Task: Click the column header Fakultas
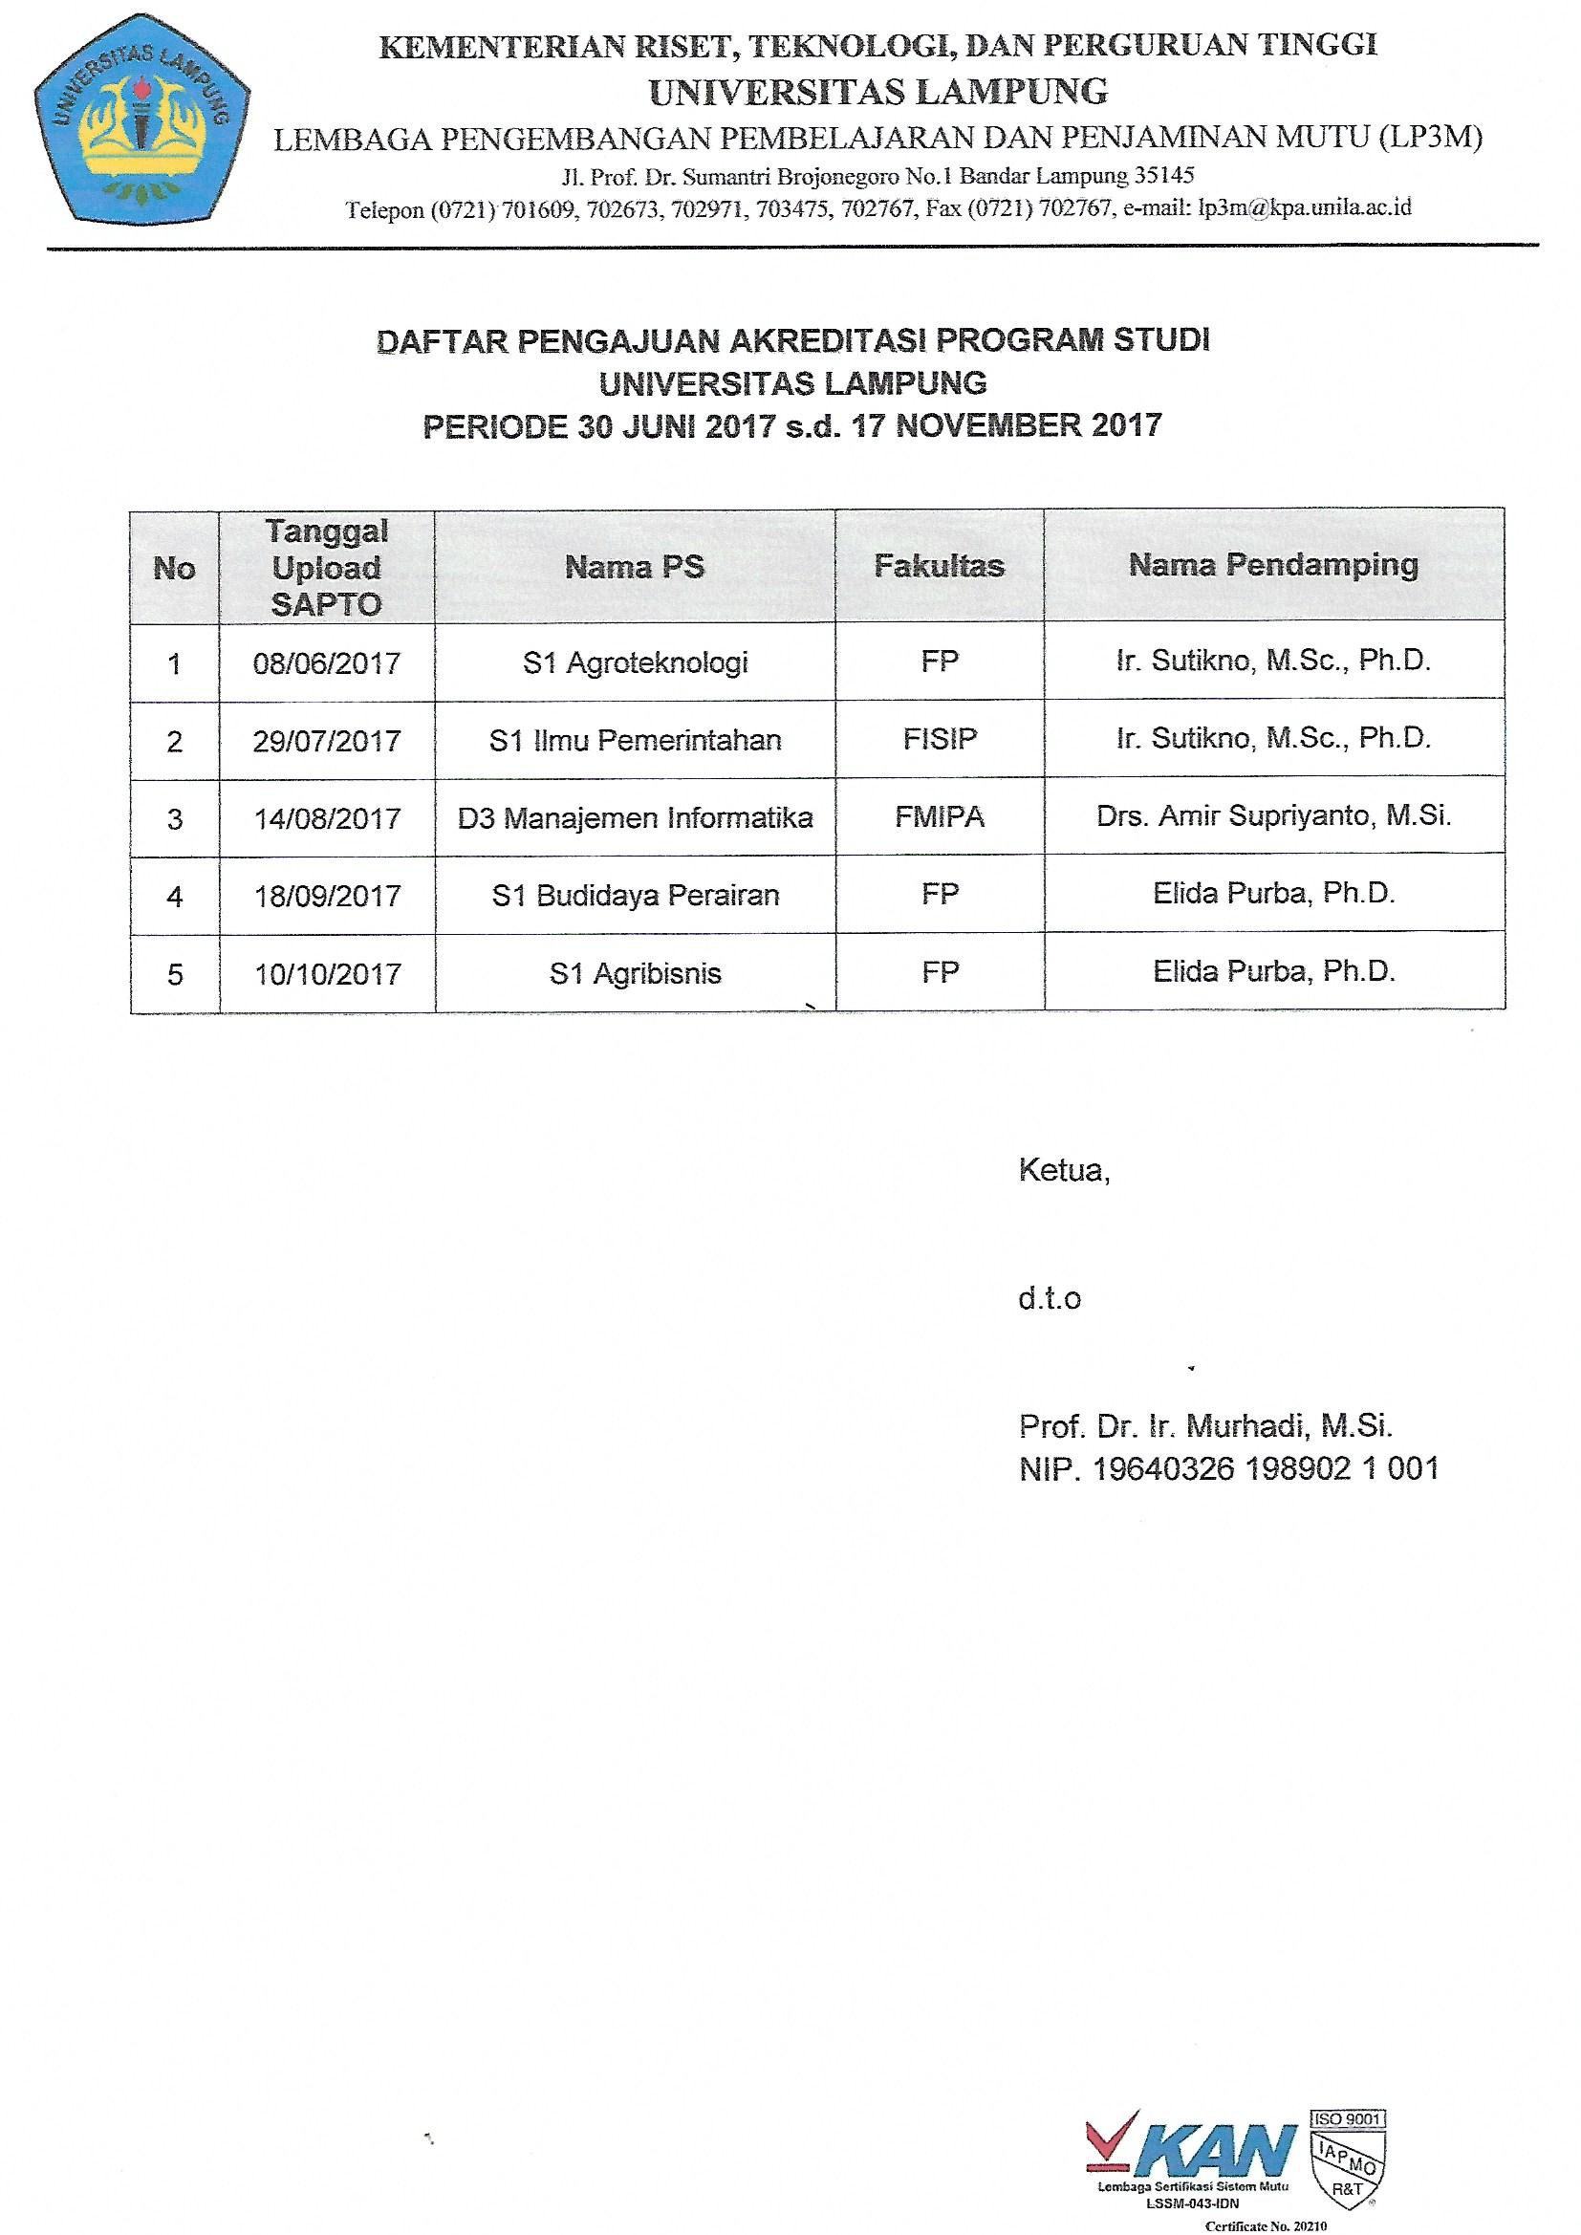pyautogui.click(x=939, y=566)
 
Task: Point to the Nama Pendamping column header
pyautogui.click(x=1273, y=565)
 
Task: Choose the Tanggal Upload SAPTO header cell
pyautogui.click(x=326, y=568)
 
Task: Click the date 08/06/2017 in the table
pyautogui.click(x=326, y=663)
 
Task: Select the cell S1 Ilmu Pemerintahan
pyautogui.click(x=635, y=741)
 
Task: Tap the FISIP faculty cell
pyautogui.click(x=940, y=739)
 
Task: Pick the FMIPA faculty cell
pyautogui.click(x=940, y=816)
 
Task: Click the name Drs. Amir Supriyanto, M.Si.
pyautogui.click(x=1273, y=815)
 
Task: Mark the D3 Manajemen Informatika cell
pyautogui.click(x=635, y=817)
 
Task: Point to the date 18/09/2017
pyautogui.click(x=327, y=896)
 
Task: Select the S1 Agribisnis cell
pyautogui.click(x=635, y=973)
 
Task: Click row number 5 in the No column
pyautogui.click(x=175, y=974)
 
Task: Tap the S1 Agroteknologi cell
pyautogui.click(x=635, y=662)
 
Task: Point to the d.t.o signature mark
pyautogui.click(x=1050, y=1298)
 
